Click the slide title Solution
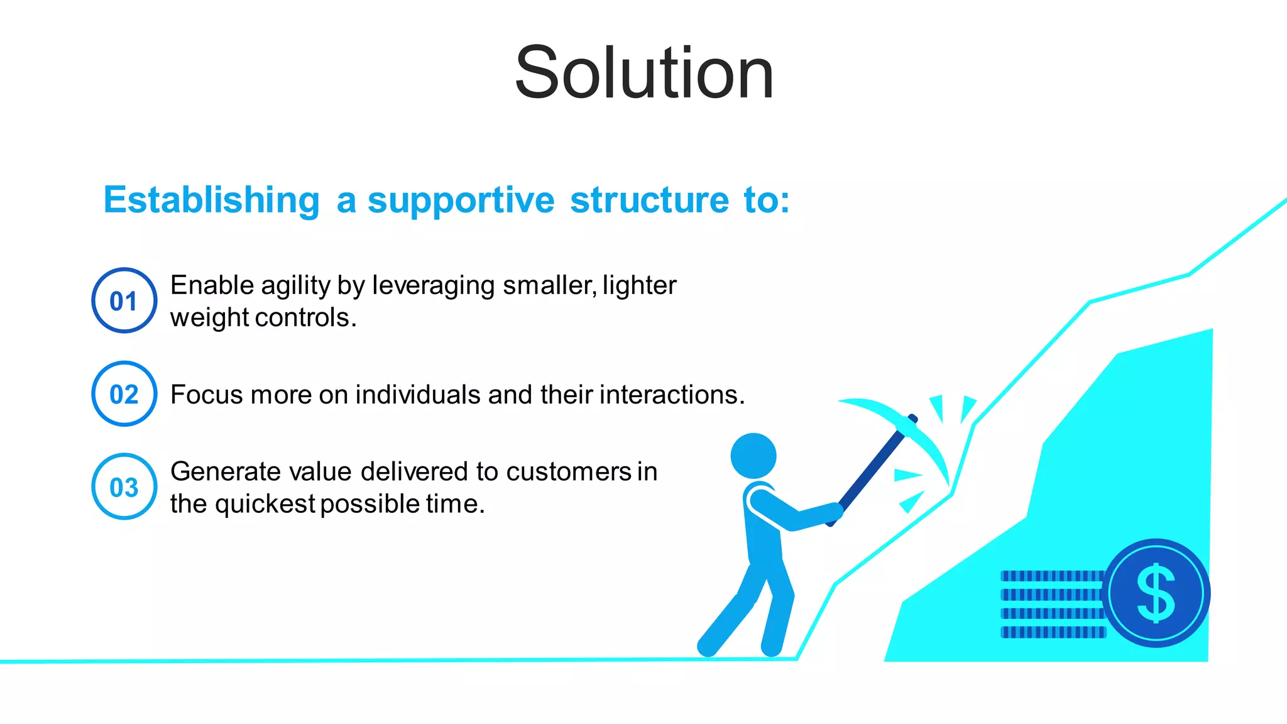643,74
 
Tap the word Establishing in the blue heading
212,200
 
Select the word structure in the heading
649,200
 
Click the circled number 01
124,301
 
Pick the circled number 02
124,394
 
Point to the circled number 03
124,487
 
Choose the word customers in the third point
568,472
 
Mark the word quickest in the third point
265,504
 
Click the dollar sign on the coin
1156,593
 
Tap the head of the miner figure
753,456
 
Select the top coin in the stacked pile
1052,576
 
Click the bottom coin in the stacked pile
1052,632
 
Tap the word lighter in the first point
639,286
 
